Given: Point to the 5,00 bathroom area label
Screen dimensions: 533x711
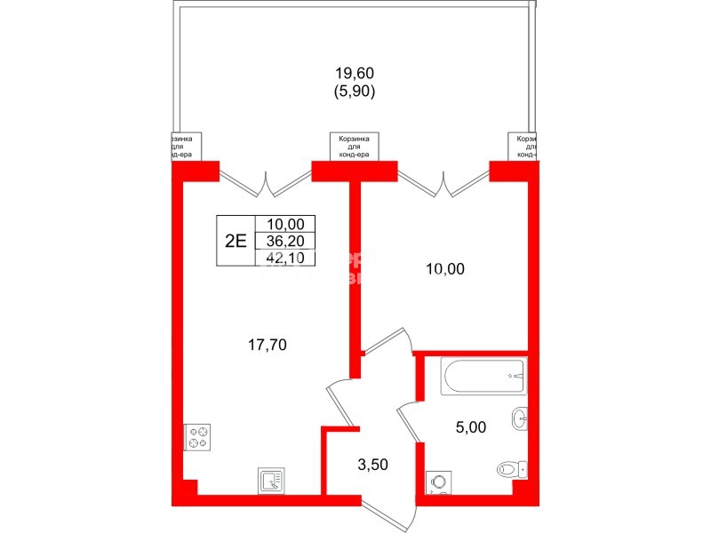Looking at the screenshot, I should pyautogui.click(x=470, y=426).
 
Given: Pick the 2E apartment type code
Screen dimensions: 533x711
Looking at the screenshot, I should pyautogui.click(x=235, y=242).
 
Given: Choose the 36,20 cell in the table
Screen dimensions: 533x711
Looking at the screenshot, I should pyautogui.click(x=285, y=241).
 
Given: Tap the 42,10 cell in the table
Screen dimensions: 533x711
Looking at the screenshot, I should pyautogui.click(x=285, y=258).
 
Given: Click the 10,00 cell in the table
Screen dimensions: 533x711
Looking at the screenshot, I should pyautogui.click(x=285, y=225).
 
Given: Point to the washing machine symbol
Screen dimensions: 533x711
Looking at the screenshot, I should pyautogui.click(x=438, y=481).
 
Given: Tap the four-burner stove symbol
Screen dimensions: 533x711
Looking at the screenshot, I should pyautogui.click(x=197, y=438).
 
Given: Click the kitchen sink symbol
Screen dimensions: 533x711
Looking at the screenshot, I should pyautogui.click(x=270, y=481).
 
